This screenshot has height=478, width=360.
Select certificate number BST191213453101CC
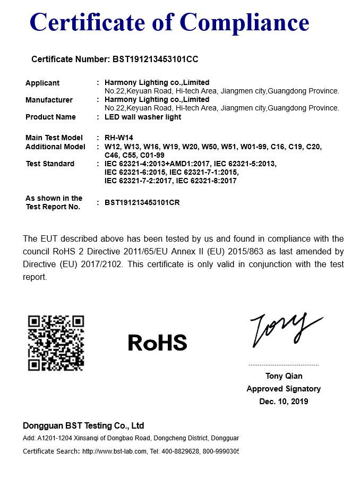(x=156, y=59)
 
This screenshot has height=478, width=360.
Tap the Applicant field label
(x=42, y=83)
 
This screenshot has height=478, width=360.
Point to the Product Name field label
(x=50, y=117)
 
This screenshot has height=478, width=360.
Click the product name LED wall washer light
(x=143, y=117)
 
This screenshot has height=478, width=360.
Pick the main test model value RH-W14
(x=115, y=138)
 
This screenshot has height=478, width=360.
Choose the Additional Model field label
(x=55, y=147)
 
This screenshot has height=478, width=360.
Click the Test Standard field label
(x=50, y=164)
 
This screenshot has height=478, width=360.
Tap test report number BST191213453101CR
(x=142, y=202)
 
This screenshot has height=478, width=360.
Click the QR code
(x=56, y=343)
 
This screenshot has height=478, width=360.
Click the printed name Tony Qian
(x=284, y=376)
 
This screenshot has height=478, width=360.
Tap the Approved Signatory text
(x=284, y=389)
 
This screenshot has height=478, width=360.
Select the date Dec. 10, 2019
(x=284, y=402)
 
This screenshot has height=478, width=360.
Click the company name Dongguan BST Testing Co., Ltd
(x=83, y=426)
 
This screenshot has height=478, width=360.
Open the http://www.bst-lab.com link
(x=114, y=451)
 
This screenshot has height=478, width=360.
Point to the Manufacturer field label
(x=49, y=100)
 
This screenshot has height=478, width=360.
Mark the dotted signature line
(x=284, y=365)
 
